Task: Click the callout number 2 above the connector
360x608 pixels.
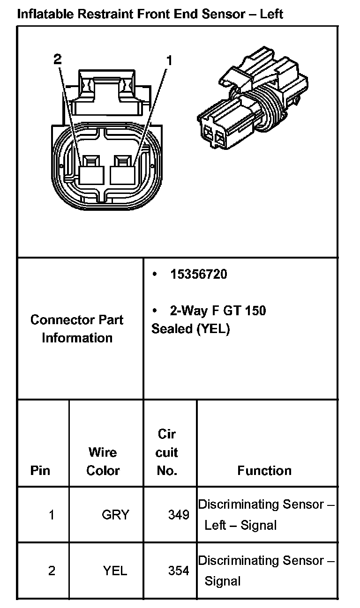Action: click(57, 59)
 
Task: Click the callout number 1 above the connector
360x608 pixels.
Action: click(169, 60)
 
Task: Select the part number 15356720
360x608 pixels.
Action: click(199, 274)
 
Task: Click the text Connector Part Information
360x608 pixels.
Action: click(77, 329)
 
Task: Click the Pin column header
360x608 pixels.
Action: click(40, 470)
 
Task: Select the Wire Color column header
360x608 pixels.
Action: click(103, 461)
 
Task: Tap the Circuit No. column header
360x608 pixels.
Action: click(167, 452)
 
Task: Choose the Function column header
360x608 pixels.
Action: click(264, 470)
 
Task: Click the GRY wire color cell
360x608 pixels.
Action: click(115, 515)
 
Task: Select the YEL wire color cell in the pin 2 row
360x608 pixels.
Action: click(115, 571)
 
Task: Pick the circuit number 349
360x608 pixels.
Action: click(179, 515)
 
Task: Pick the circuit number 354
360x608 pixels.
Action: click(179, 571)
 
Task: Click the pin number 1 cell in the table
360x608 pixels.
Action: click(52, 515)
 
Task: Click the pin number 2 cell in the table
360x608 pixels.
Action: click(52, 571)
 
